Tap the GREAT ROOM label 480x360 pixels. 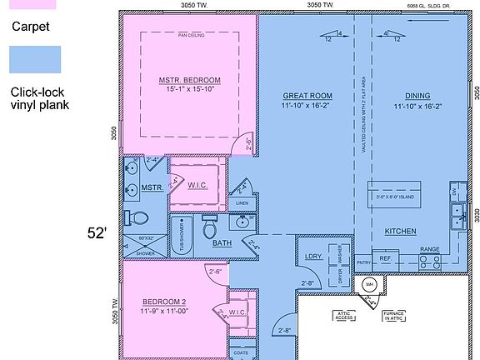(x=307, y=96)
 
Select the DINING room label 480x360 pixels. (x=417, y=96)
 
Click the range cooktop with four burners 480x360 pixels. (x=429, y=260)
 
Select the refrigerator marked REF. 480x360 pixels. (x=386, y=259)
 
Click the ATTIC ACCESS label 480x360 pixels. (x=344, y=316)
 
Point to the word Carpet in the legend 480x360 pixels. (x=31, y=26)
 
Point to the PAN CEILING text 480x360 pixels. (x=191, y=36)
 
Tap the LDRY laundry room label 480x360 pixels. (x=314, y=256)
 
